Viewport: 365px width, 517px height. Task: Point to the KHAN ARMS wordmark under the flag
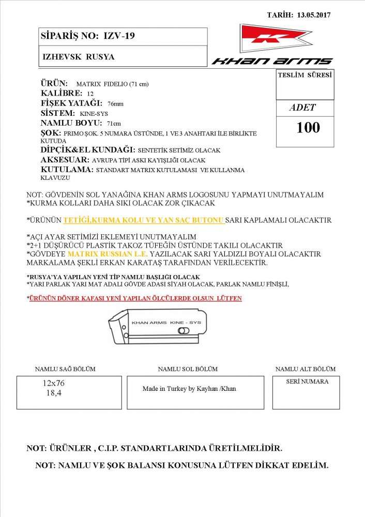pos(272,61)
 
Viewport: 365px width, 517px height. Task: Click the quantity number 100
pos(308,128)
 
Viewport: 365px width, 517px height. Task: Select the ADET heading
pos(303,108)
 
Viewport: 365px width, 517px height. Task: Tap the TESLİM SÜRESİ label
pos(305,75)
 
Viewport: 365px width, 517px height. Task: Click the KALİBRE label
pos(61,93)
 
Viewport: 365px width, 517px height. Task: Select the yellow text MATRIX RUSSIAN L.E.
pos(108,254)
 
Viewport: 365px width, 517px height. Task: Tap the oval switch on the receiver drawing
pos(182,330)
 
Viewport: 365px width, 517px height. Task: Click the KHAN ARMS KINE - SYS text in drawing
pos(166,322)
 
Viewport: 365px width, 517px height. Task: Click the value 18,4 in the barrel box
pos(53,393)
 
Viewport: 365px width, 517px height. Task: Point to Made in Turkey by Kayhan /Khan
pos(189,389)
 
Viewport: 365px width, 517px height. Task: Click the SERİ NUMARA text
pos(307,381)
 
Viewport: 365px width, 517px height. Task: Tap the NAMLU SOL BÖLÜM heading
pos(188,369)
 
